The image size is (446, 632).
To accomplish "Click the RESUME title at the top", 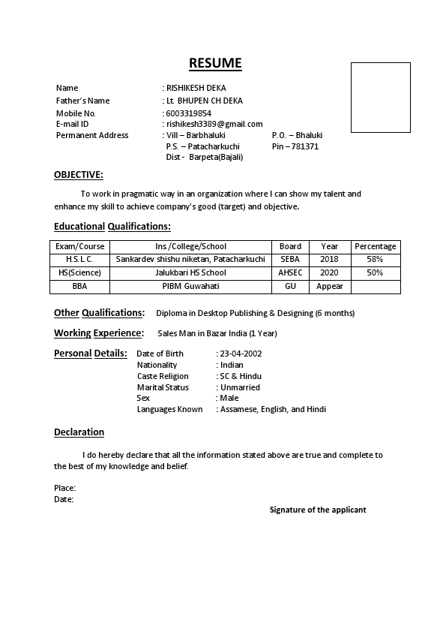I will coord(215,63).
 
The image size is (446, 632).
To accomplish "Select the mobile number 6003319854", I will coord(189,113).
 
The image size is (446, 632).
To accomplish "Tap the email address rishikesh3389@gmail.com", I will coord(214,124).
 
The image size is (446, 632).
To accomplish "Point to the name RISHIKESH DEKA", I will coord(196,88).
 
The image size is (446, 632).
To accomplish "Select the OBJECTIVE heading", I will coord(79,175).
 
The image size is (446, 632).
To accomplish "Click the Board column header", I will coord(290,246).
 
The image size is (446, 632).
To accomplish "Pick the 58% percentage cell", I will coord(375,259).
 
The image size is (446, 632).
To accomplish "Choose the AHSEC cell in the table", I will coord(290,272).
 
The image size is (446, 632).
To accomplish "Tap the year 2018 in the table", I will coord(329,259).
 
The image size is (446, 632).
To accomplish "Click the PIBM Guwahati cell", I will coord(190,286).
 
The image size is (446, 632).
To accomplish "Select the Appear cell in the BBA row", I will coord(329,286).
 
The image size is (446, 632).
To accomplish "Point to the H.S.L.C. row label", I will coord(79,259).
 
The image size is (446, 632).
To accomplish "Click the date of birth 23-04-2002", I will coord(241,354).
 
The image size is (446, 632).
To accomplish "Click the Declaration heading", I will coord(79,432).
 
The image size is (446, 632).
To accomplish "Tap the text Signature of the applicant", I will coord(318,510).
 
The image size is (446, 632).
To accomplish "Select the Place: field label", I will coord(64,488).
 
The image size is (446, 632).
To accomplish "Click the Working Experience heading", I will coord(98,333).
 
